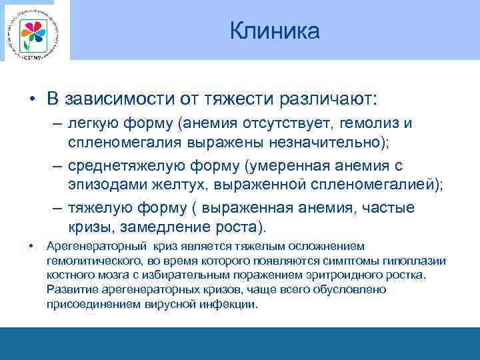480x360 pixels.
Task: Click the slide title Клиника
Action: pos(275,31)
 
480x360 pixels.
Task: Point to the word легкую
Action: pos(91,124)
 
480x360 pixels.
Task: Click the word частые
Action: pos(390,208)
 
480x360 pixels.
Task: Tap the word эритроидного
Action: pos(355,275)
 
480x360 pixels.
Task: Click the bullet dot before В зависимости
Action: pos(32,99)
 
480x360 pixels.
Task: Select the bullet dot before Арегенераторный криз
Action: pos(32,247)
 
